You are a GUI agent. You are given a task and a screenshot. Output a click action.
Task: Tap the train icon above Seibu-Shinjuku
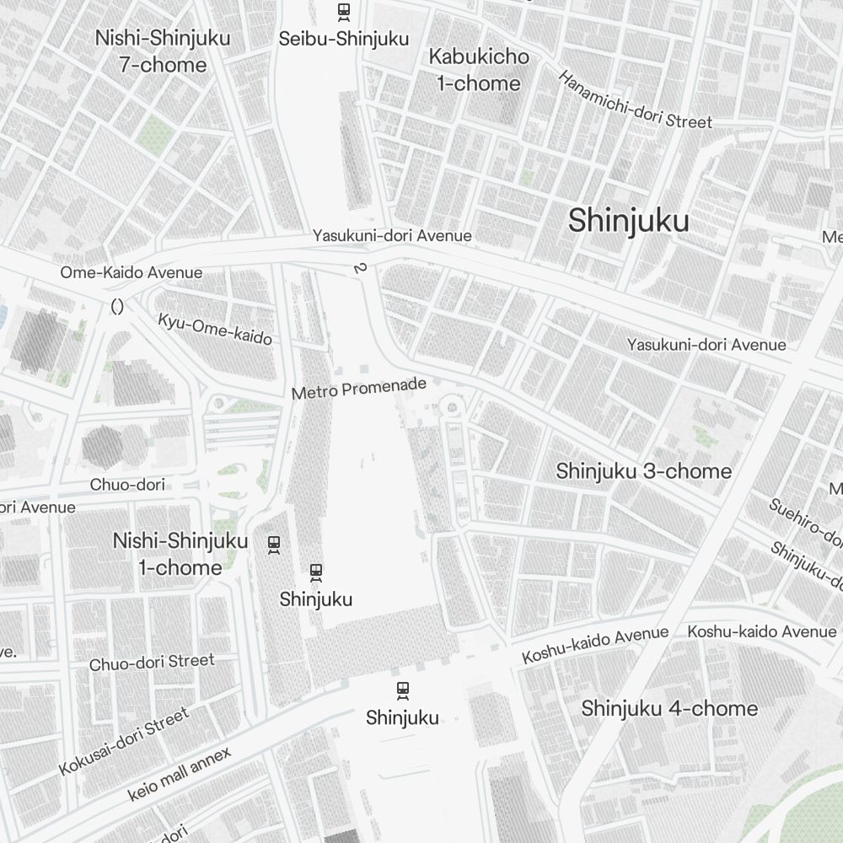pos(343,12)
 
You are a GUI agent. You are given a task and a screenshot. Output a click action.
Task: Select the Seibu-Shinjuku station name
pos(343,39)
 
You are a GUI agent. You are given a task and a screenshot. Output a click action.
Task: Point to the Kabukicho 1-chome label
pos(479,70)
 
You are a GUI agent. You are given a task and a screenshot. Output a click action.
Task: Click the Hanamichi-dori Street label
pos(635,99)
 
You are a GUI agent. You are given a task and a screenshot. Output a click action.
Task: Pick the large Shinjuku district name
pos(628,221)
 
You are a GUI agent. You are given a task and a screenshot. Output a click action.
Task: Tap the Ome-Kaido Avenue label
pos(131,272)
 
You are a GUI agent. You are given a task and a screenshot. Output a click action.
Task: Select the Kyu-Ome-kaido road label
pos(215,329)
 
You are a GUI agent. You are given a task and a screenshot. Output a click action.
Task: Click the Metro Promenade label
pos(359,389)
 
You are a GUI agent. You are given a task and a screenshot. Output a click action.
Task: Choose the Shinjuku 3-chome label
pos(643,470)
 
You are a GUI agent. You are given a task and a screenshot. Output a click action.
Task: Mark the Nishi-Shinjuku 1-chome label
pos(180,554)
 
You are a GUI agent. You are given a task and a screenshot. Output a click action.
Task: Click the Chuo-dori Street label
pos(152,663)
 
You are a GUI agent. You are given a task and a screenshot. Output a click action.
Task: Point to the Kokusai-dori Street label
pos(124,742)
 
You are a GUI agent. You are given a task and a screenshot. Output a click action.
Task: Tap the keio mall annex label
pos(179,776)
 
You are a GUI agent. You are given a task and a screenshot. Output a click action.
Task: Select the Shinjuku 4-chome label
pos(669,708)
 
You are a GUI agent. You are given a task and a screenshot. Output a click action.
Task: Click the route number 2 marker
pos(361,268)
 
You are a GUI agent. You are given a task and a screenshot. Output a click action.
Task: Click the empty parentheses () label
pos(117,307)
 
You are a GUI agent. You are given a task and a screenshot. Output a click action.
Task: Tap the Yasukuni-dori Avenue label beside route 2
pos(392,236)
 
